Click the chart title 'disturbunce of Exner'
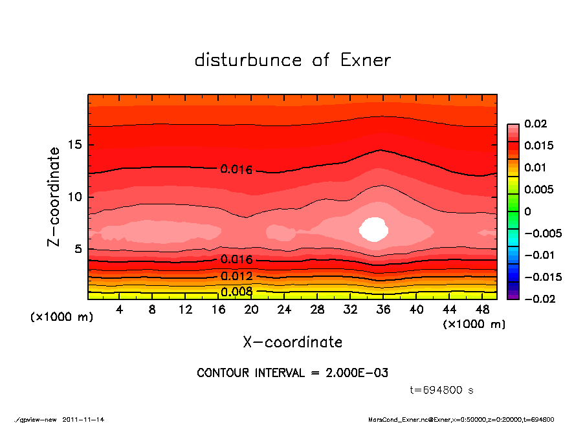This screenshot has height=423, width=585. pos(292,60)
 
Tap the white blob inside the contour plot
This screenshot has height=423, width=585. pos(373,230)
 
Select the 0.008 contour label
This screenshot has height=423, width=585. pos(236,292)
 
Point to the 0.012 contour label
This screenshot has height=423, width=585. pos(236,277)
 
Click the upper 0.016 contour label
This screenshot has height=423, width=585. pos(236,169)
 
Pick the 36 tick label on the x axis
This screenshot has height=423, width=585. pos(383,310)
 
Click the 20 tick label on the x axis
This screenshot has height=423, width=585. pos(251,310)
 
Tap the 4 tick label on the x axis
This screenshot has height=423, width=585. pos(119,310)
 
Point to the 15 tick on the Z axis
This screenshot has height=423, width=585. pos(76,145)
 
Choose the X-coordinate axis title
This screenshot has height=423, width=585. pos(292,342)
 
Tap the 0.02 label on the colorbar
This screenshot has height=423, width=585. pos(535,124)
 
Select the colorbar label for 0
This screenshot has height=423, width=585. pos(527,211)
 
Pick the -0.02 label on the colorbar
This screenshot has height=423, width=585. pos(538,298)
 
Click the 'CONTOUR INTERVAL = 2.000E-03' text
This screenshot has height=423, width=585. pos(292,373)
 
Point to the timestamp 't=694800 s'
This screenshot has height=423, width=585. pos(442,391)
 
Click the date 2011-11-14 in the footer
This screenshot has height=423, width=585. pos(83,419)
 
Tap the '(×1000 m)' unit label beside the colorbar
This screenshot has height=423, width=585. pos(474,324)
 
